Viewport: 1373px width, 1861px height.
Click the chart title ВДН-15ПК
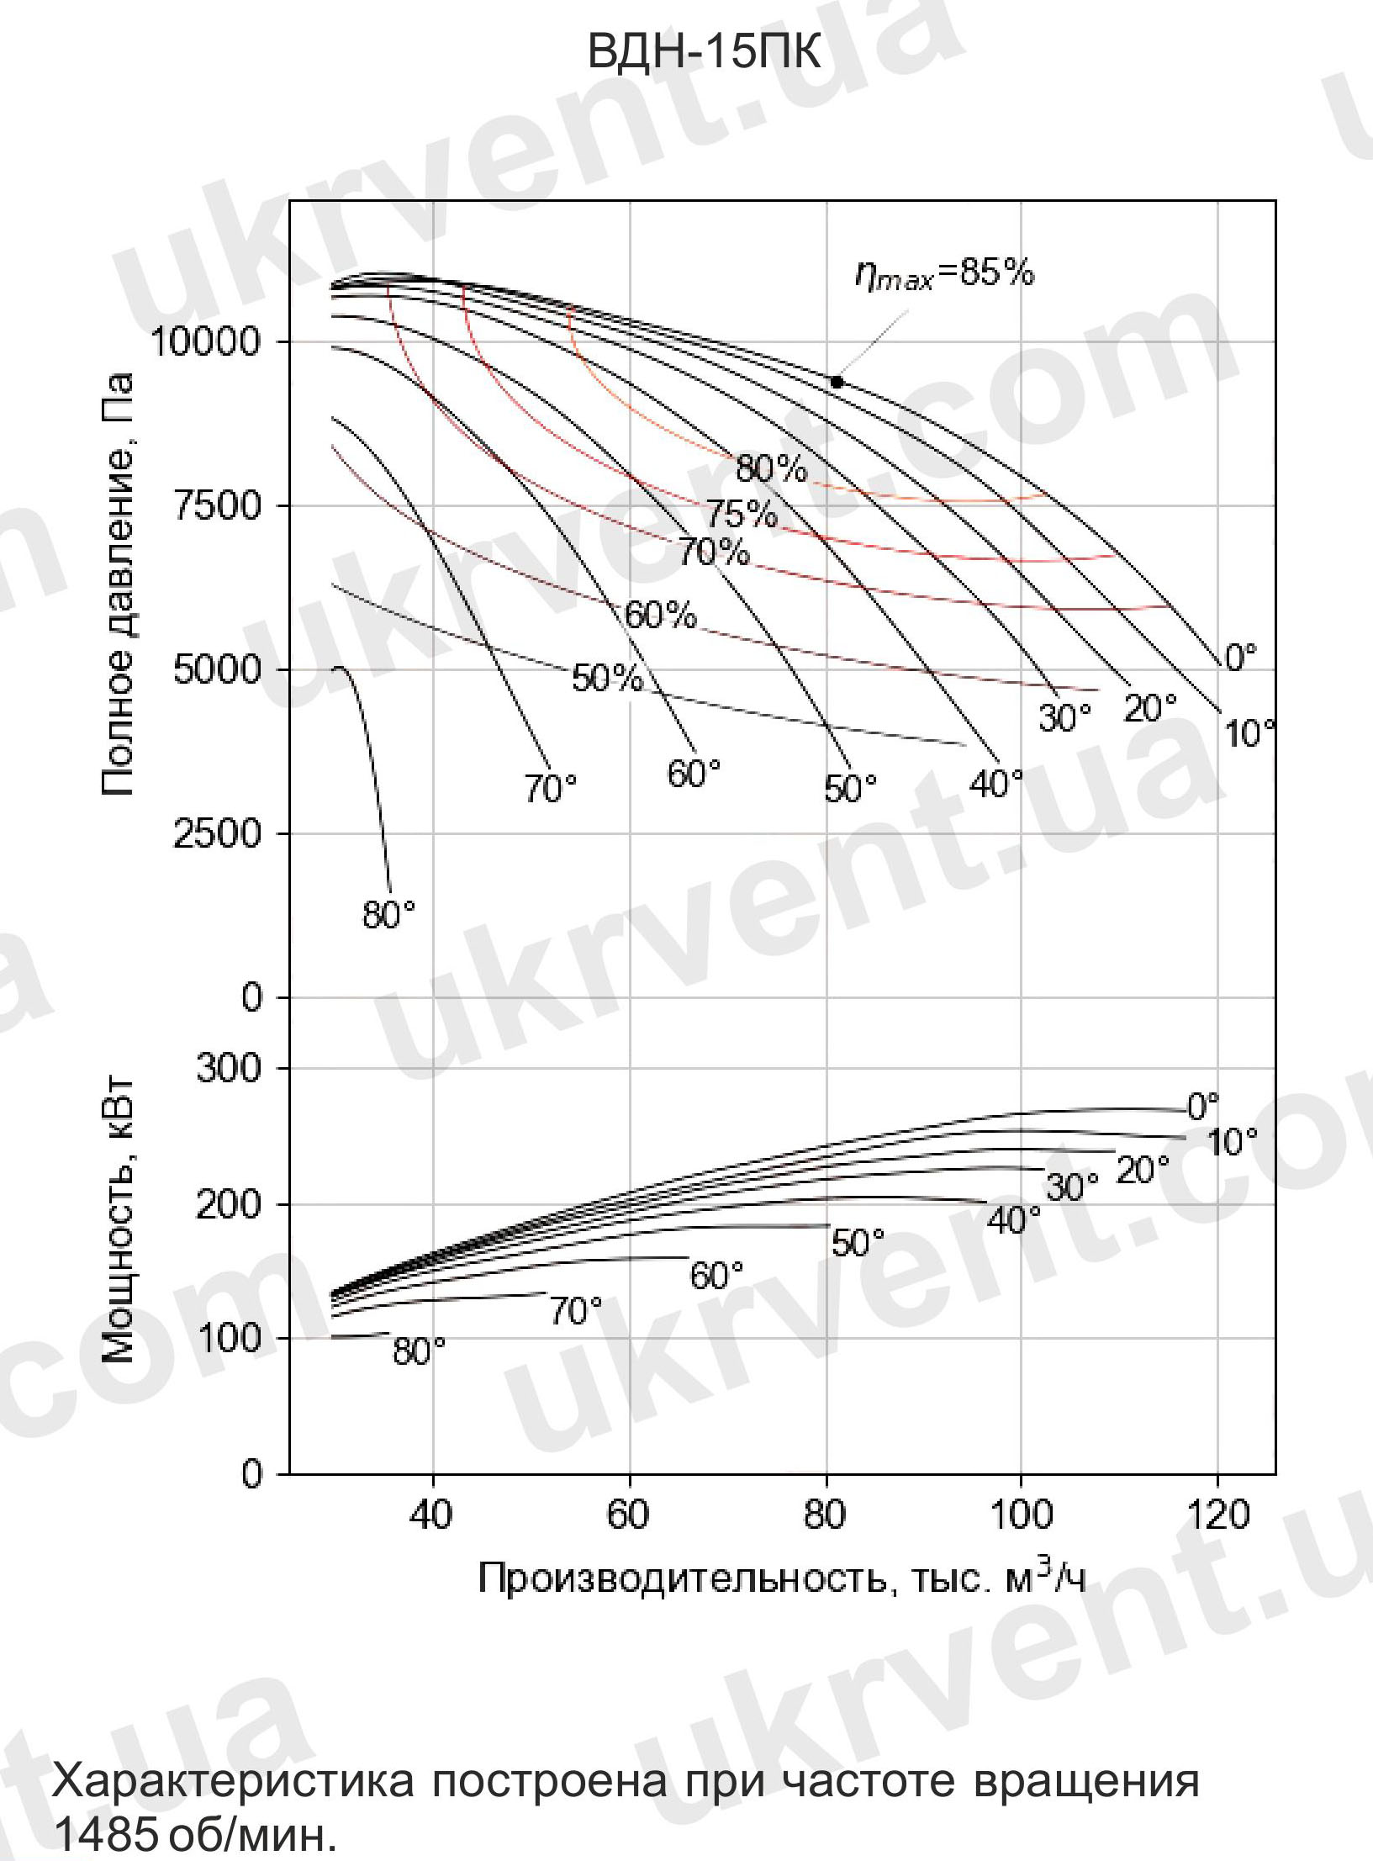click(x=703, y=53)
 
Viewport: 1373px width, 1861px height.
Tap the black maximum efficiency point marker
click(x=837, y=382)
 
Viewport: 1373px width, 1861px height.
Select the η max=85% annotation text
click(x=944, y=274)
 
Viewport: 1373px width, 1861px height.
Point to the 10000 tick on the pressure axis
click(x=205, y=341)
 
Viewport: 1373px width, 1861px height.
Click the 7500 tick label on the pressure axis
click(x=217, y=506)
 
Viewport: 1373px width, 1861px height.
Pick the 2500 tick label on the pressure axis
click(x=217, y=833)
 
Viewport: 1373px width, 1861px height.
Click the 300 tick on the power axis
click(x=230, y=1068)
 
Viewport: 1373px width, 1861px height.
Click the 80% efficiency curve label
click(x=770, y=468)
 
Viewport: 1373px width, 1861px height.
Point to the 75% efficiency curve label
click(x=741, y=513)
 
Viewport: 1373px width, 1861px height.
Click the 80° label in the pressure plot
click(x=388, y=915)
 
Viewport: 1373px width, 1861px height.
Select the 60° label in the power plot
click(x=716, y=1276)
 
